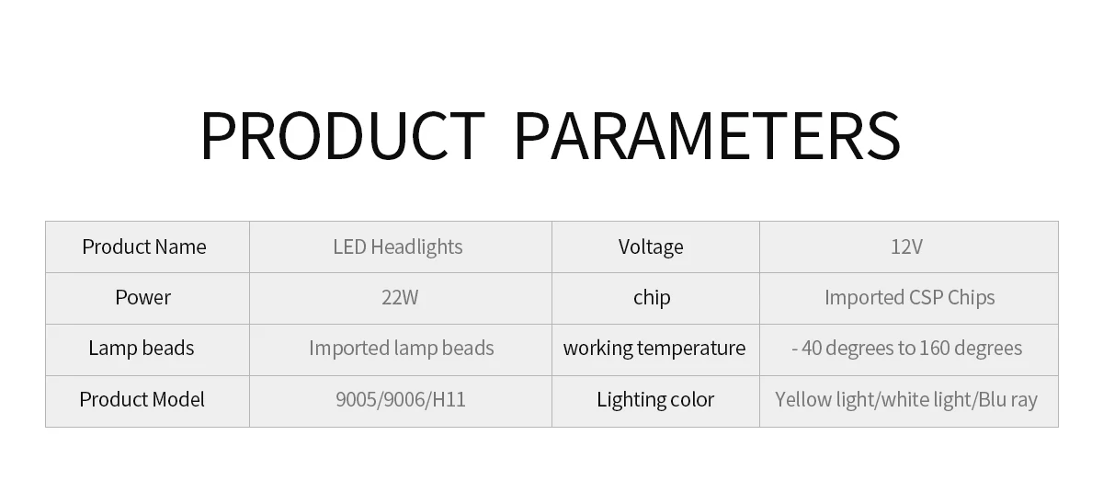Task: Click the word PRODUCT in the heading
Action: point(342,135)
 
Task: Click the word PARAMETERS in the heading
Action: point(707,135)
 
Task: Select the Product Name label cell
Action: point(144,246)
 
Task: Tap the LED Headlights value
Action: point(398,246)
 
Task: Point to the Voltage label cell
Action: point(651,246)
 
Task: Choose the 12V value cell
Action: point(906,246)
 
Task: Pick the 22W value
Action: point(399,297)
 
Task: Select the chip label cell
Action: point(652,297)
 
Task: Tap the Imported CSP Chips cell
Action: point(909,297)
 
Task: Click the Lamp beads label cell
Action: point(142,348)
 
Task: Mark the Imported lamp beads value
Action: point(402,348)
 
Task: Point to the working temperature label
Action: point(654,348)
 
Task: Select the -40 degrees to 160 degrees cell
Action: point(906,348)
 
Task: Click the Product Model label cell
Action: point(142,399)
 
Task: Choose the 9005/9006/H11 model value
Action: point(400,399)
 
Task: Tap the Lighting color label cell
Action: point(655,399)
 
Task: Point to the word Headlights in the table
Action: point(417,246)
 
